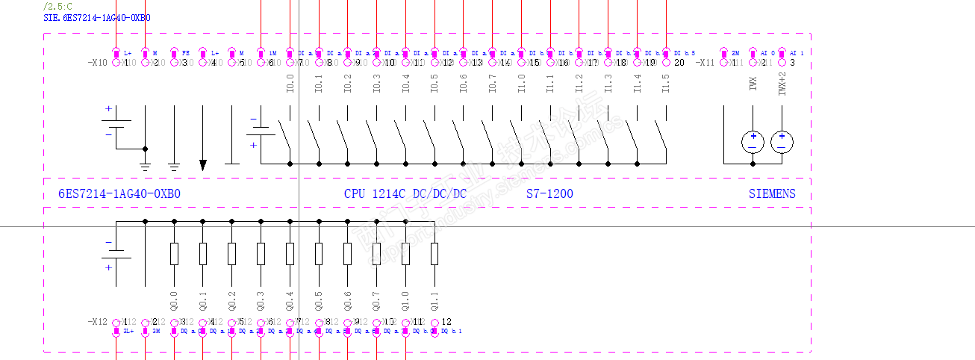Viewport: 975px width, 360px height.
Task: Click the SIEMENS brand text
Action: pyautogui.click(x=772, y=194)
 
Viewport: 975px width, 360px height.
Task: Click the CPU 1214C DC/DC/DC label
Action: pyautogui.click(x=405, y=194)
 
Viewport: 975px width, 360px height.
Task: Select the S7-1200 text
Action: pyautogui.click(x=549, y=194)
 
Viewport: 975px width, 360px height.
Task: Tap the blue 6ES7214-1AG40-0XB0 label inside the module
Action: pyautogui.click(x=119, y=194)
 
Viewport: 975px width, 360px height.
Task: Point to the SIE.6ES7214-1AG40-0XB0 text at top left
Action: pyautogui.click(x=97, y=16)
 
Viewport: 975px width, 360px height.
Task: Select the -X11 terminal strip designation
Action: pyautogui.click(x=706, y=63)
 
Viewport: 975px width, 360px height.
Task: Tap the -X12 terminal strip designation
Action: pyautogui.click(x=99, y=322)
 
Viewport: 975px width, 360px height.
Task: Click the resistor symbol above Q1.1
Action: pyautogui.click(x=434, y=254)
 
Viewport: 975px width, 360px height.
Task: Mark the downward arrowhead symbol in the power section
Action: pyautogui.click(x=203, y=164)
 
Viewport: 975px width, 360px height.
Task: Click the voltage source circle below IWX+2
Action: pyautogui.click(x=782, y=141)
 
